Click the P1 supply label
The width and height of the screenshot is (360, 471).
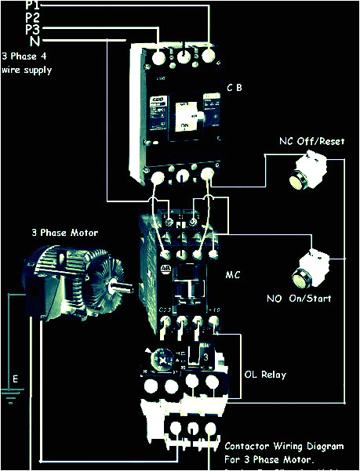[x=33, y=5]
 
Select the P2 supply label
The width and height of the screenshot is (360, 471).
[x=33, y=16]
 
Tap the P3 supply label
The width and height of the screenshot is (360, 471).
[x=33, y=29]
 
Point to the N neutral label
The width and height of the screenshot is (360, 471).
[x=34, y=41]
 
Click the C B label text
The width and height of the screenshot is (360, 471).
[x=234, y=87]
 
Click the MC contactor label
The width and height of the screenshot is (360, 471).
[x=233, y=277]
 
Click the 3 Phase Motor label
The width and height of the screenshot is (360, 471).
[x=64, y=233]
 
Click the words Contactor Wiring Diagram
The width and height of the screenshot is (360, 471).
[x=284, y=446]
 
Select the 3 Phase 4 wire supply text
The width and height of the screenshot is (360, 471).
[x=27, y=63]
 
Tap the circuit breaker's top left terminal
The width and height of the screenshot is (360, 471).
[x=158, y=57]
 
